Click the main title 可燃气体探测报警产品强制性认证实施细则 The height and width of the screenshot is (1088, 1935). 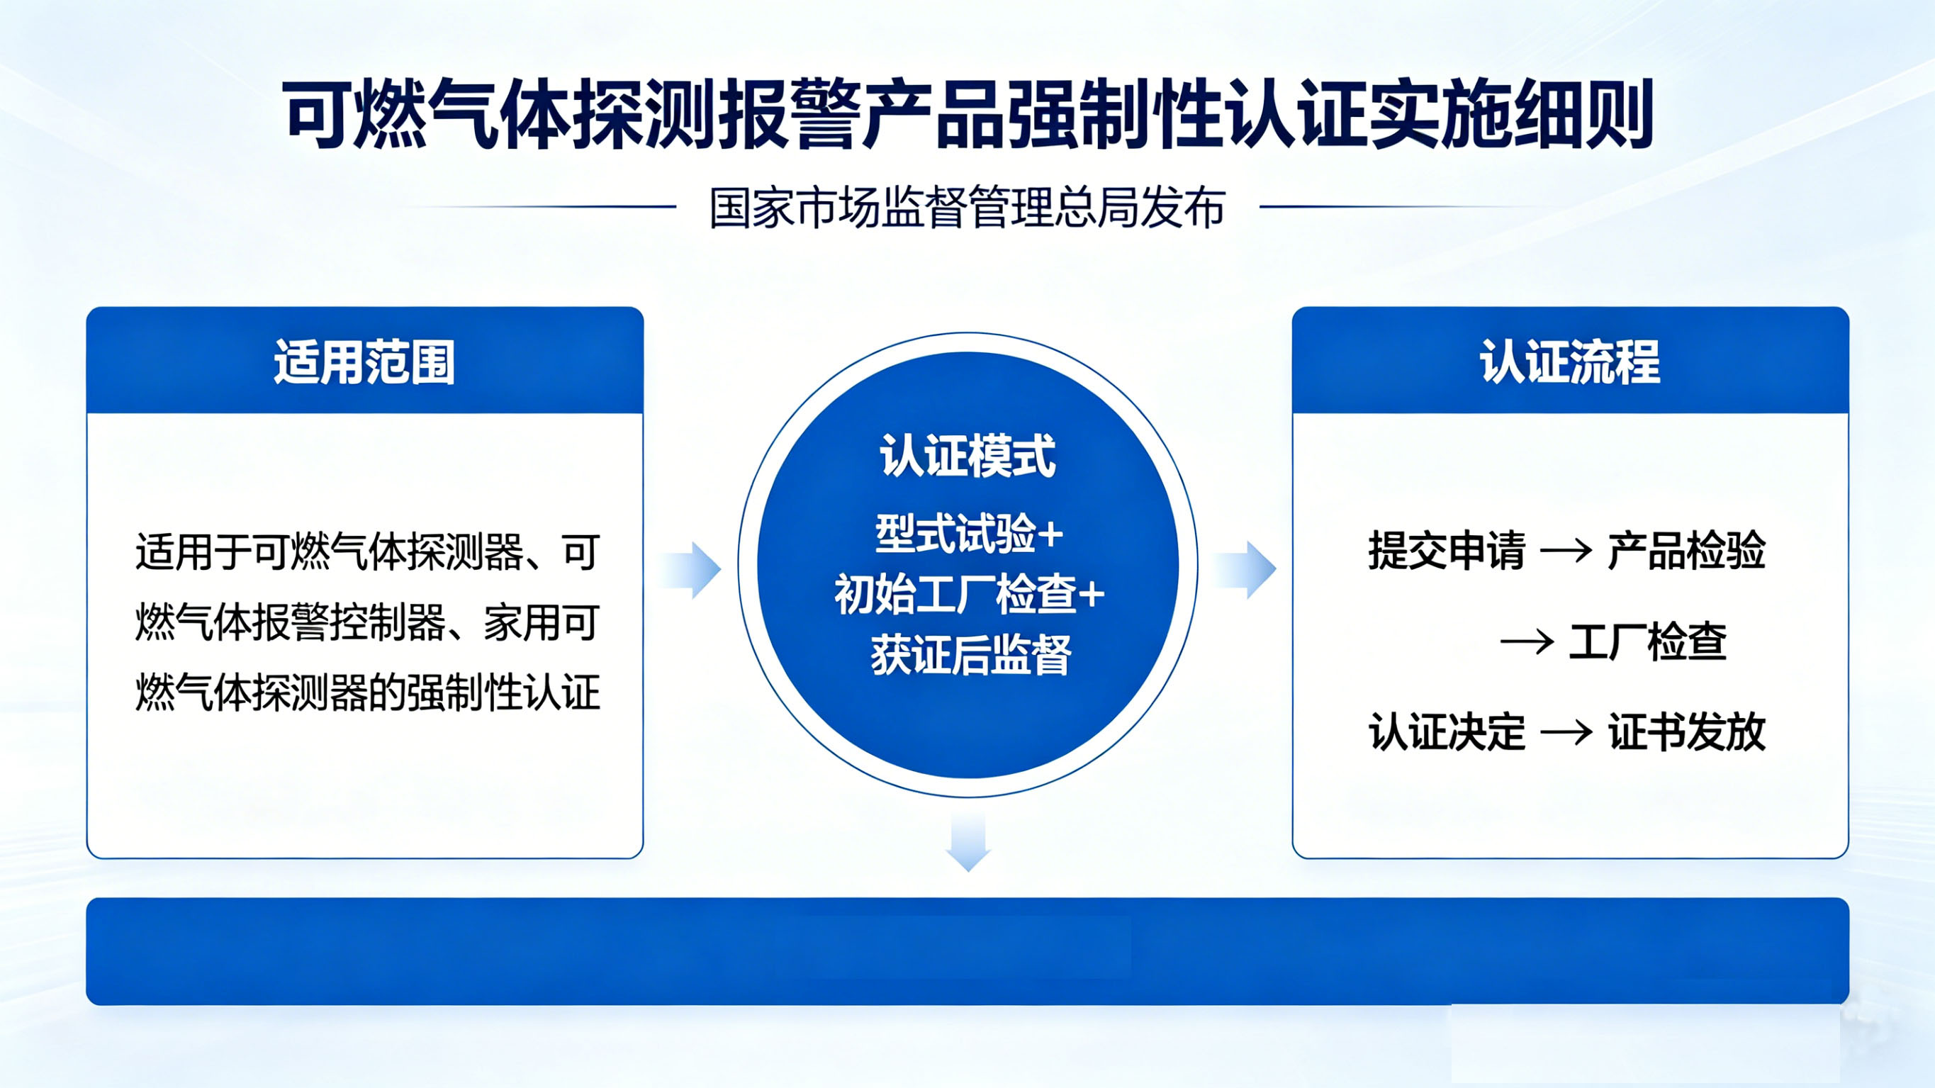tap(967, 114)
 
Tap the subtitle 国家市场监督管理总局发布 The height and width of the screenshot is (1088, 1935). tap(967, 208)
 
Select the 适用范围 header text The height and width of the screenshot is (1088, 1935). tap(364, 362)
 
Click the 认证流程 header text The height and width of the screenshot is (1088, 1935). tap(1570, 362)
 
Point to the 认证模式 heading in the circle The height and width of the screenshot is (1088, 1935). tap(967, 455)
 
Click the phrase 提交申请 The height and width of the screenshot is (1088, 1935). tap(1447, 551)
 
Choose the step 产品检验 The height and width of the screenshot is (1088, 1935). tap(1686, 551)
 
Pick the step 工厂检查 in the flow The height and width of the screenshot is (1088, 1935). tap(1647, 641)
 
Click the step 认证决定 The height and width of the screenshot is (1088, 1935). tap(1447, 732)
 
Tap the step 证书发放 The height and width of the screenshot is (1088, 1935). tap(1686, 732)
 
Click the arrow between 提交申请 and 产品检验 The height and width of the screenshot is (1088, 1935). tap(1566, 551)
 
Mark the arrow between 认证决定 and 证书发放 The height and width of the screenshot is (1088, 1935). tap(1566, 733)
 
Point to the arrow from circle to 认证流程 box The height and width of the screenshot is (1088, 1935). tap(1245, 571)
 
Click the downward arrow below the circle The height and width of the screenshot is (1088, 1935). tap(968, 843)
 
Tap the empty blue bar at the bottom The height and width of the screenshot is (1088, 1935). tap(967, 951)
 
